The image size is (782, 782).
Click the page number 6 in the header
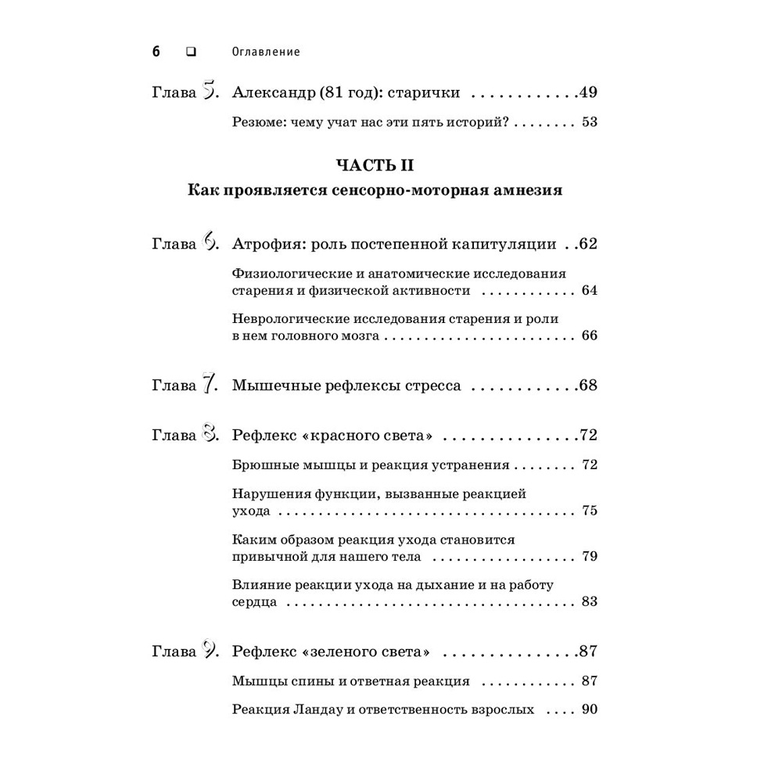pos(156,52)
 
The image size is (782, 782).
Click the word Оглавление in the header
pos(267,52)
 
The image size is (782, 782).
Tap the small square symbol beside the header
pos(190,52)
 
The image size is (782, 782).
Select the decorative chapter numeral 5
pos(209,92)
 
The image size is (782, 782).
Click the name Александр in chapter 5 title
pos(274,93)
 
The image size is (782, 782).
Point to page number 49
pos(588,93)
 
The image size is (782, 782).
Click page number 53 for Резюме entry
pos(590,122)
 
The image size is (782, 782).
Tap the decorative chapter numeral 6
pos(210,243)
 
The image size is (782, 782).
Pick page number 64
pos(590,290)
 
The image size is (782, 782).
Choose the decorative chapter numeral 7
pos(209,385)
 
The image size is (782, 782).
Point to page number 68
pos(588,386)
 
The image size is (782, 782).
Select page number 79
pos(590,557)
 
